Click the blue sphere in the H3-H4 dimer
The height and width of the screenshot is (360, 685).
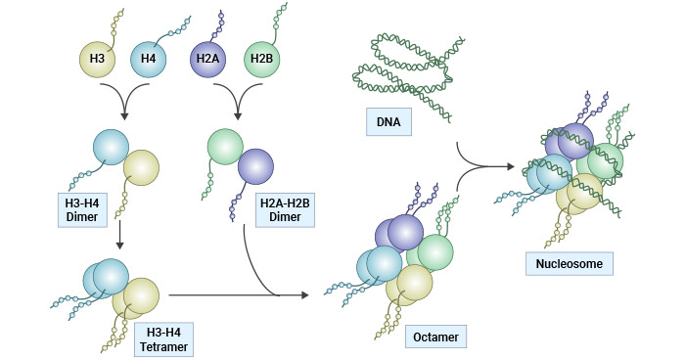coord(111,145)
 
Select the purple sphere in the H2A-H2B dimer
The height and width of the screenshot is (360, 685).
coord(256,167)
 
